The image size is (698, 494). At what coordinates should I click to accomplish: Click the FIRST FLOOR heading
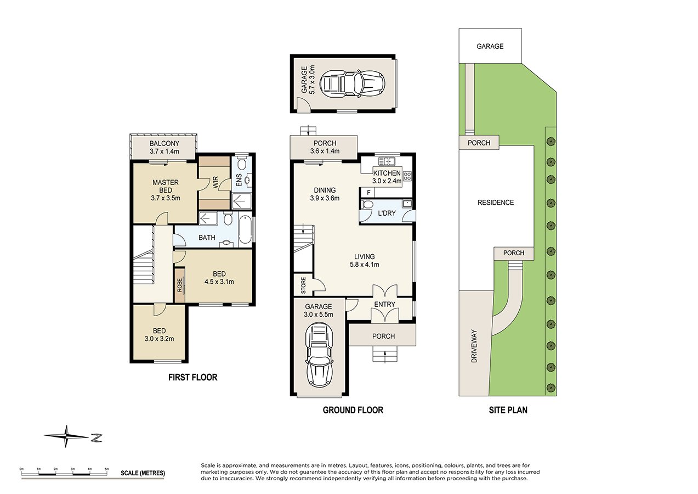(x=192, y=378)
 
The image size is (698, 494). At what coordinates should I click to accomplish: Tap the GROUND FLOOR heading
(x=353, y=410)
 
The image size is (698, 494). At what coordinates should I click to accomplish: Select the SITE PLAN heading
(x=508, y=410)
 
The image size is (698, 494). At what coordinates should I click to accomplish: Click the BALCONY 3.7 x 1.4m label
(x=164, y=147)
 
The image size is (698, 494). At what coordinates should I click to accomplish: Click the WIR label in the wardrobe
(x=215, y=182)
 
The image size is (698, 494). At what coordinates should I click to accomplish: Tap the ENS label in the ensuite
(x=239, y=180)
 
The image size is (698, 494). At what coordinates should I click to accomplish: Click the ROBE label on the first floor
(x=179, y=285)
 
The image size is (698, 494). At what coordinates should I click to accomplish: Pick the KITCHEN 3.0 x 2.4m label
(x=387, y=177)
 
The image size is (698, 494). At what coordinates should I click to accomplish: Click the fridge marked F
(x=368, y=193)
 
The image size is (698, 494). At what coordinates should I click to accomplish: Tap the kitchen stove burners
(x=407, y=176)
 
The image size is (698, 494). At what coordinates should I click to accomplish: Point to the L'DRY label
(x=387, y=214)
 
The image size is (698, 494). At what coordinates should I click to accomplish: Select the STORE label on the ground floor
(x=303, y=285)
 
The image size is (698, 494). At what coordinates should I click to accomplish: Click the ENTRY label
(x=384, y=305)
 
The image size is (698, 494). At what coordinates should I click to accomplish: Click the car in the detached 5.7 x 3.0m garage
(x=352, y=83)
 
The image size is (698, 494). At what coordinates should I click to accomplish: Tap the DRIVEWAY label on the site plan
(x=474, y=346)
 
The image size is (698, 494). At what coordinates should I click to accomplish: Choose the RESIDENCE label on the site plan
(x=496, y=203)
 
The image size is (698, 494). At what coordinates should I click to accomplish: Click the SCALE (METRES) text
(x=143, y=473)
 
